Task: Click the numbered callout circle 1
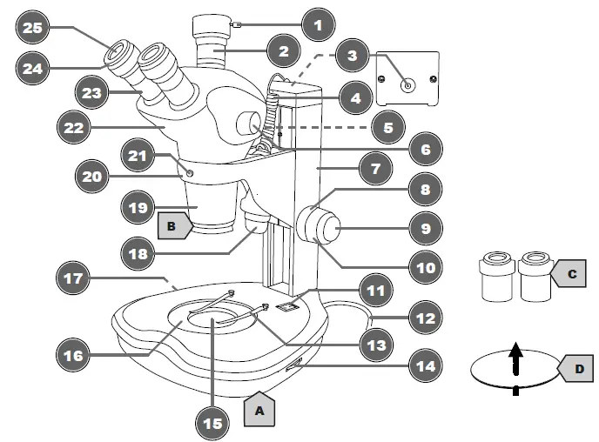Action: (317, 25)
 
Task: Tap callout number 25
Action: (32, 29)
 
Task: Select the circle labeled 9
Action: (424, 229)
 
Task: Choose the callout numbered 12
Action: (424, 318)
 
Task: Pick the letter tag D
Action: (579, 369)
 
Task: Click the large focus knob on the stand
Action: (323, 228)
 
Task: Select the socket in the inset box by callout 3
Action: (407, 85)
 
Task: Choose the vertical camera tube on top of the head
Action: (212, 52)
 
